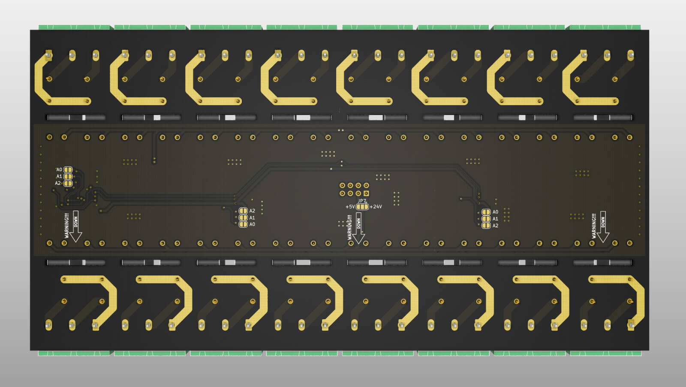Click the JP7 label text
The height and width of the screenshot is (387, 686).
tap(362, 201)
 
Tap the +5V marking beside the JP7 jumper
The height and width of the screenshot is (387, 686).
tap(350, 207)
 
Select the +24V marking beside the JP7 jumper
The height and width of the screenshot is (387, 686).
tap(376, 207)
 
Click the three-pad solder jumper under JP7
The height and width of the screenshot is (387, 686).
tap(362, 207)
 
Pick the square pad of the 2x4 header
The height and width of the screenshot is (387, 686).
tap(366, 193)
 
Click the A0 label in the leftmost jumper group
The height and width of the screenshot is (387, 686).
tap(59, 170)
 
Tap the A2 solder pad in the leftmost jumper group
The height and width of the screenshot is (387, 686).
tap(68, 183)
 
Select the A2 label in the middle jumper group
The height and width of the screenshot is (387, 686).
tap(252, 211)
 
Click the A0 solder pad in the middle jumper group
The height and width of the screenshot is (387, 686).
tap(243, 224)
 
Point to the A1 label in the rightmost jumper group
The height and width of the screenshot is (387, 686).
tap(495, 219)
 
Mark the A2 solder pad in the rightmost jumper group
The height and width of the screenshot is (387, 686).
tap(486, 225)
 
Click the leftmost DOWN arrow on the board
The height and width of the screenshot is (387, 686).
tap(76, 226)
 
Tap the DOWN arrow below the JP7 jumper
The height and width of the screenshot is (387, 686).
tap(359, 228)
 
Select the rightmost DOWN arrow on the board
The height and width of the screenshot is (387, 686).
tap(603, 226)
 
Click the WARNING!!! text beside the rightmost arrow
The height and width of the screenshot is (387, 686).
tap(594, 226)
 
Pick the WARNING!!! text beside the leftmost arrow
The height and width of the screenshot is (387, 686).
tap(66, 226)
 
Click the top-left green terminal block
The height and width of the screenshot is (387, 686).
tap(74, 27)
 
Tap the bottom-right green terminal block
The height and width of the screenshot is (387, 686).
tap(605, 353)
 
